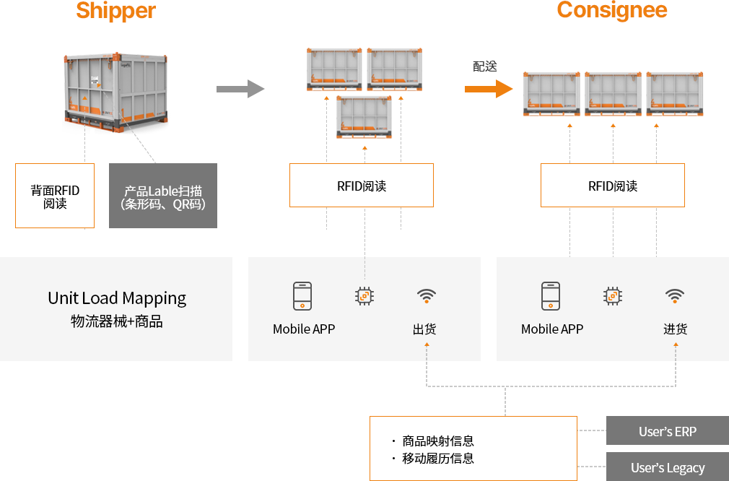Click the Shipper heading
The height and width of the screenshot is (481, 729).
pos(115,11)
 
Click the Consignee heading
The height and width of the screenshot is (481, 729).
pos(611,10)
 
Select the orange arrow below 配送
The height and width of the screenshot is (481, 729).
pos(488,89)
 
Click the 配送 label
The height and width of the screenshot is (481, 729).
pos(485,66)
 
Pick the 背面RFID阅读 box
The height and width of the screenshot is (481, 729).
pos(55,196)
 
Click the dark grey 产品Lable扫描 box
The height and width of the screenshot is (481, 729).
pos(163,196)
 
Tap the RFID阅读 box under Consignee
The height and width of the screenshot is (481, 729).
pos(613,186)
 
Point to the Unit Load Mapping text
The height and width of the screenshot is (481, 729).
pos(117,298)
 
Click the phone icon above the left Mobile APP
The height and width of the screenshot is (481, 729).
pos(302,296)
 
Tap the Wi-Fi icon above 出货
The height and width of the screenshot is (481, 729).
pos(426,295)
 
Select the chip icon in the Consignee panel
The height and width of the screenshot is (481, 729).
pos(613,296)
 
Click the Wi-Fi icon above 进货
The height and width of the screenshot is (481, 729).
pos(675,295)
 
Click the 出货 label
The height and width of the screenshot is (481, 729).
pos(424,329)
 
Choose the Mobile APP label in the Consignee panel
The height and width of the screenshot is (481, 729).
pos(552,329)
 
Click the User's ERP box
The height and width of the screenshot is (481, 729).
pos(667,431)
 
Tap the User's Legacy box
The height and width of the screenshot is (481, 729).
pos(667,467)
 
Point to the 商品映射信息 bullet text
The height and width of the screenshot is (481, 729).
pos(437,441)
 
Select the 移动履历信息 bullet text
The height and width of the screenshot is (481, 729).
pos(437,458)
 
